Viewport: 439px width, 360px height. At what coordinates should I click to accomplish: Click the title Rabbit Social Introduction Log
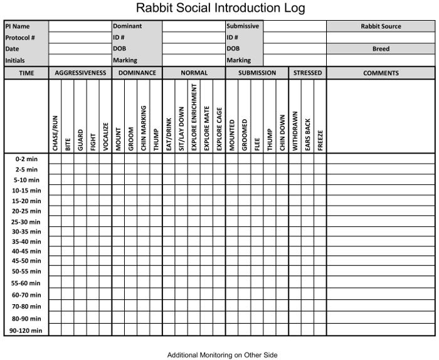(x=220, y=8)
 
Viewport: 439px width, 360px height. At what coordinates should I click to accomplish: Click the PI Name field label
(x=18, y=26)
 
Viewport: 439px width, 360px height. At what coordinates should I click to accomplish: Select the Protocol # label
(x=20, y=38)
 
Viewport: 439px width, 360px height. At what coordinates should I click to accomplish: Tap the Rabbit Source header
(x=381, y=26)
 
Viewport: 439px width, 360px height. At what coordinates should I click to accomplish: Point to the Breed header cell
(x=381, y=49)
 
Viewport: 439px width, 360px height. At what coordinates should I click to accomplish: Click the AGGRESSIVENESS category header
(x=80, y=73)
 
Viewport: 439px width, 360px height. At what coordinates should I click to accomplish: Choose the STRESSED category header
(x=307, y=73)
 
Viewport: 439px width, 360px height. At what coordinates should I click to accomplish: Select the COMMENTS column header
(x=381, y=73)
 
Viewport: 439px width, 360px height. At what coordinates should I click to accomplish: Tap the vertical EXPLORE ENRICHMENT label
(x=194, y=117)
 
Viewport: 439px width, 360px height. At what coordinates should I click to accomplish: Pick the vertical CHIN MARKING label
(x=144, y=128)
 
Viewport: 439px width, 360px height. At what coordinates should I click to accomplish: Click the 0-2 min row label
(x=26, y=159)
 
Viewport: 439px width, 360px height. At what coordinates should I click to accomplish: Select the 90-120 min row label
(x=26, y=331)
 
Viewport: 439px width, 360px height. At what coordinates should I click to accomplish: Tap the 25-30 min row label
(x=26, y=222)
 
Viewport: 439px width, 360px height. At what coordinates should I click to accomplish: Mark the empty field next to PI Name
(x=80, y=26)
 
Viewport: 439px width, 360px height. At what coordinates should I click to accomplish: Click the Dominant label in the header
(x=127, y=26)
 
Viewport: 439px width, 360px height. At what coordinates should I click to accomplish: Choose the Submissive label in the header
(x=243, y=26)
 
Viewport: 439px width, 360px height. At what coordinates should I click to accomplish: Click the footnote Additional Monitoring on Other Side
(x=222, y=355)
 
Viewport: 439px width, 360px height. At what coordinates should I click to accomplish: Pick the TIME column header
(x=26, y=73)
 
